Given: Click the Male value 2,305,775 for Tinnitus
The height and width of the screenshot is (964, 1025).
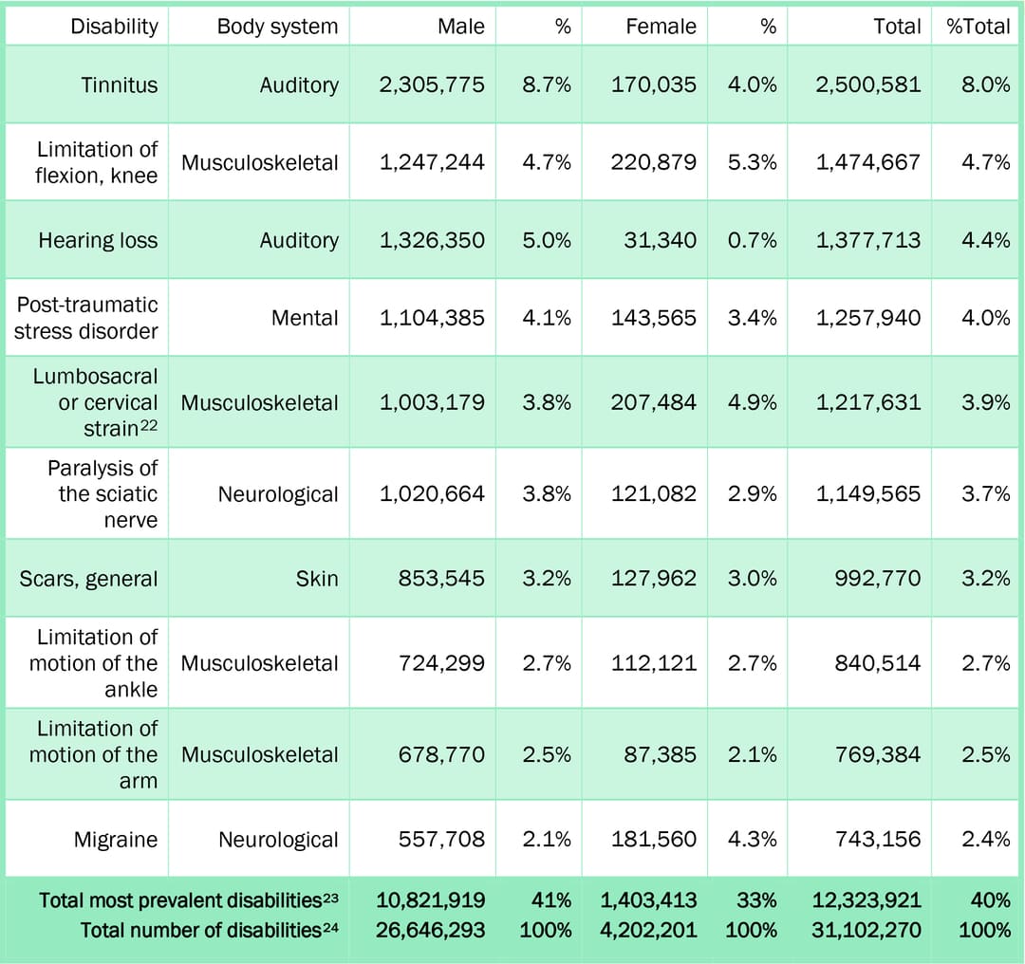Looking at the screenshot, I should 432,84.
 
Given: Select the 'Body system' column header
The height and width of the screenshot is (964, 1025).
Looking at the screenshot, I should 277,27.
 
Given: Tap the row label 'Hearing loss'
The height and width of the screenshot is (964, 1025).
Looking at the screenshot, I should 98,240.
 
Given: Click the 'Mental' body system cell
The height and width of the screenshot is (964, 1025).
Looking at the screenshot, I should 305,318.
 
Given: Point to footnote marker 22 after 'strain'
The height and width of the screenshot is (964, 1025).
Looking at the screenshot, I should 149,425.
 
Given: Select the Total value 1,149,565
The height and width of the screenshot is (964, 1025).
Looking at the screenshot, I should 868,494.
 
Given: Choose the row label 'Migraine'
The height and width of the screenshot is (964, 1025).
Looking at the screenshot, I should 116,840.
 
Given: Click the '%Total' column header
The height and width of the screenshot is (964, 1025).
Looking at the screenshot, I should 978,27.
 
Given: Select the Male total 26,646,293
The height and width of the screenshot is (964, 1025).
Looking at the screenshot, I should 432,930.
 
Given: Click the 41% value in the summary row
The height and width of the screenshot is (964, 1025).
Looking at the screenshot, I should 552,900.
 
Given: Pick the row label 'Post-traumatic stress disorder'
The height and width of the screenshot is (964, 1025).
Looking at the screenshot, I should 86,318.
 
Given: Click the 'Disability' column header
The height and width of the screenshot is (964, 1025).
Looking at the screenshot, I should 114,27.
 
